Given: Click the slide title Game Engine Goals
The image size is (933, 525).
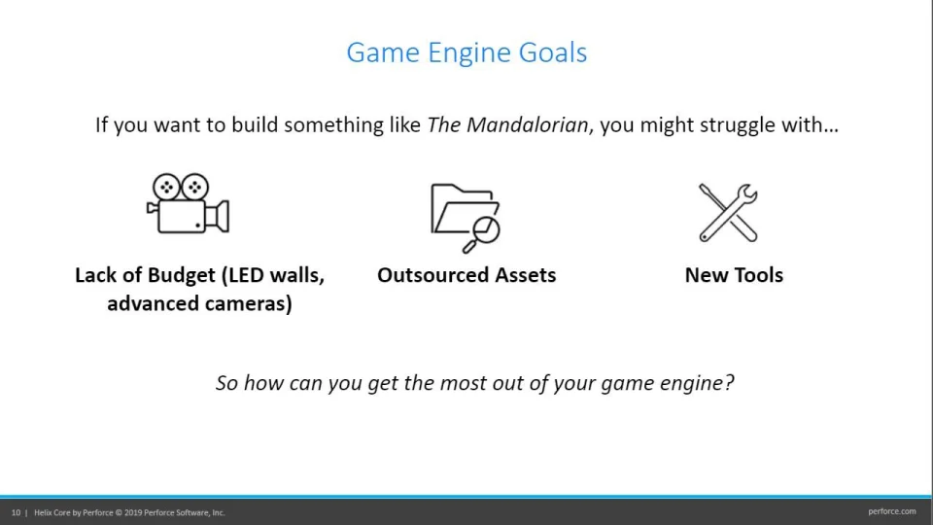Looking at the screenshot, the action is pos(466,52).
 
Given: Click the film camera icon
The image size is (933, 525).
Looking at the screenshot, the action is pos(188,203).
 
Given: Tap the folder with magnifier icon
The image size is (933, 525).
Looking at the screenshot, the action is pos(466,218).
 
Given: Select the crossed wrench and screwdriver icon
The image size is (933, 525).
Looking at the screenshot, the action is pos(728,213).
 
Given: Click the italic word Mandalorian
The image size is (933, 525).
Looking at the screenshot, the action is pos(527,125).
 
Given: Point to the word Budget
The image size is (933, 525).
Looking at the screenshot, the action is pos(182,275).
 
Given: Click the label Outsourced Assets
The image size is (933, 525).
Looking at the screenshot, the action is pos(466,275).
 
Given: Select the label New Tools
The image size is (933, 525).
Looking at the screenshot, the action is pos(734,275).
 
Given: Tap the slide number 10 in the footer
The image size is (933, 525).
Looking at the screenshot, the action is pos(16,512).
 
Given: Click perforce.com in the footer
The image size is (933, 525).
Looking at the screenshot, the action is pos(892,511).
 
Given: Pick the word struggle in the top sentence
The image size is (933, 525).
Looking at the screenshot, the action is pos(736,125).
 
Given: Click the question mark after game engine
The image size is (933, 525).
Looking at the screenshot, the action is pos(729,382).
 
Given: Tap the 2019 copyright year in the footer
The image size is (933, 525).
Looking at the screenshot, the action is pos(133,512).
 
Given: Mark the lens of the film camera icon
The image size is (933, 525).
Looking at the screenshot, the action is pos(219,217).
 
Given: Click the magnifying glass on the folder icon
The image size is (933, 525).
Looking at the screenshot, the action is pos(482,234).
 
